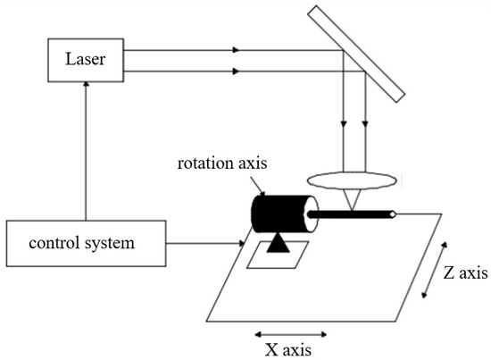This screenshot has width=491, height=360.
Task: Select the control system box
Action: [86, 241]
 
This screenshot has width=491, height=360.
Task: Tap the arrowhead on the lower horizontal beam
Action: [234, 69]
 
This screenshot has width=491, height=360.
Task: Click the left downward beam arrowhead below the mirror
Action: [345, 126]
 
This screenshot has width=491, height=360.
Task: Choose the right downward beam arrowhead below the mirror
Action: [365, 126]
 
